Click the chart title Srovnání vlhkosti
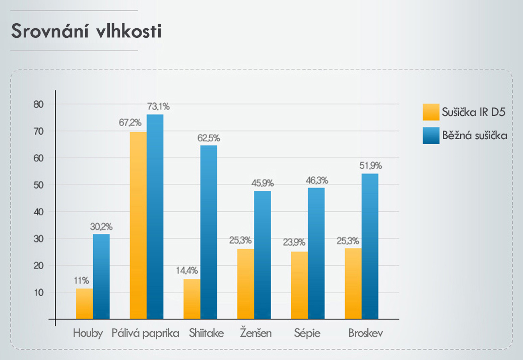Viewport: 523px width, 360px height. [86, 31]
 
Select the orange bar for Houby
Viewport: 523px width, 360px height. [84, 304]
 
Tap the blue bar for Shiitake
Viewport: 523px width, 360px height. [209, 232]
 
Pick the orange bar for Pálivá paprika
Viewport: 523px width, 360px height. [138, 225]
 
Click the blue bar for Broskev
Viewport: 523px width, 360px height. [370, 246]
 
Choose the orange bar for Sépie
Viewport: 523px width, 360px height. [299, 285]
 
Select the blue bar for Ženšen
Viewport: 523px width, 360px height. [263, 255]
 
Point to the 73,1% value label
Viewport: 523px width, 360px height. [158, 106]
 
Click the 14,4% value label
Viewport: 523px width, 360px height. [186, 270]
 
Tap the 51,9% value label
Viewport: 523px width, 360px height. [370, 165]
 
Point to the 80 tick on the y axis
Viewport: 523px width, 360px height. [39, 104]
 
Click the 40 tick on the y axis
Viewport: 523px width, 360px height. [39, 212]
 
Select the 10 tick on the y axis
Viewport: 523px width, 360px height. [39, 292]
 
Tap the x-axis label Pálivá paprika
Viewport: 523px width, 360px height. [146, 333]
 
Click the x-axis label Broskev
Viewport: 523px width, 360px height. [365, 333]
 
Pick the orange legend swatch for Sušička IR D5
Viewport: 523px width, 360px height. [431, 112]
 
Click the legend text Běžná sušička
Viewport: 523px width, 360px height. [474, 136]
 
